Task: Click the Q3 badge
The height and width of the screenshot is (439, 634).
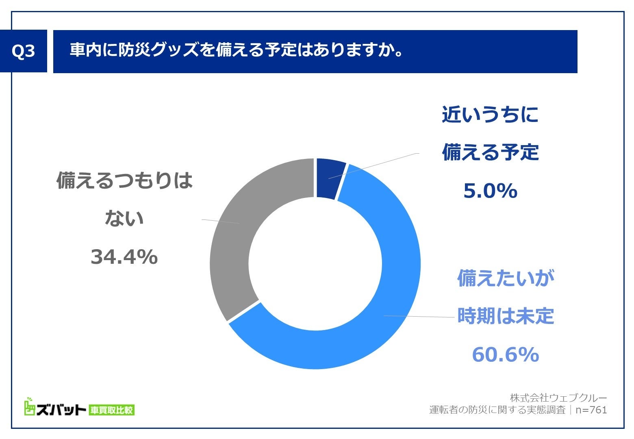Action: [24, 51]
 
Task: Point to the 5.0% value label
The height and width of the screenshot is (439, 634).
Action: [490, 191]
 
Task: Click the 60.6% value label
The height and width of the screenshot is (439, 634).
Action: [505, 355]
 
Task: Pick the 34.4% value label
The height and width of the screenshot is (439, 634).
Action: [124, 257]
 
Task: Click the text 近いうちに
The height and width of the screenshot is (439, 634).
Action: [490, 115]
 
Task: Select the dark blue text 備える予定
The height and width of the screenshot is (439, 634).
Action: [490, 153]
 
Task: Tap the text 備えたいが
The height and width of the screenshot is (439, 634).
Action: [506, 279]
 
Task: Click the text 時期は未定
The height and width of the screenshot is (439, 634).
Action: [506, 316]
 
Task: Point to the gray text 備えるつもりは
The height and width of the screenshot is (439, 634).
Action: [124, 181]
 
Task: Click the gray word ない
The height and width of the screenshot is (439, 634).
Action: [124, 219]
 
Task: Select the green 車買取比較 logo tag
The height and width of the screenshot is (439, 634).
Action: [111, 410]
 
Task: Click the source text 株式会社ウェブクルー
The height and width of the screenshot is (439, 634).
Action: [558, 398]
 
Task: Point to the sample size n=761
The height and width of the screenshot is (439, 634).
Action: [591, 410]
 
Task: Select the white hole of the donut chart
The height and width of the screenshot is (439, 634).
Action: [315, 263]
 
